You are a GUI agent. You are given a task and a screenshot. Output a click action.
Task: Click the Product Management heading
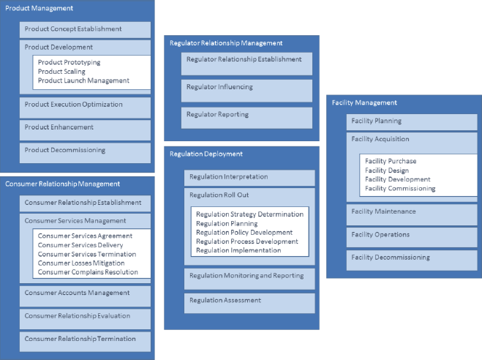(x=39, y=8)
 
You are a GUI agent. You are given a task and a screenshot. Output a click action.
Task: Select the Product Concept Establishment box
(x=85, y=30)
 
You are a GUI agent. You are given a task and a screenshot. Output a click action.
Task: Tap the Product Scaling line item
(x=61, y=71)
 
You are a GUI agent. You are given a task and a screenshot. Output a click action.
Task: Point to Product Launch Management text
(x=83, y=80)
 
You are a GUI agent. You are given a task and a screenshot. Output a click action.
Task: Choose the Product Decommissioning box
(x=85, y=153)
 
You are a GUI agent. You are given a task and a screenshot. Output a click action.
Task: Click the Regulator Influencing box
(x=246, y=91)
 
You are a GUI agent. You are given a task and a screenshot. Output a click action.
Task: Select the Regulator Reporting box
(x=246, y=118)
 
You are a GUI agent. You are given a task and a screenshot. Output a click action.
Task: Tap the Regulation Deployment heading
(x=206, y=154)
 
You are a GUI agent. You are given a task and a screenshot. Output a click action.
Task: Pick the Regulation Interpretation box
(x=249, y=178)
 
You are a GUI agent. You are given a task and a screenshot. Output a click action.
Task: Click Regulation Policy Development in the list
(x=244, y=233)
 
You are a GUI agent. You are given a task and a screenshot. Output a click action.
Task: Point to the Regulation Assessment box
(x=249, y=303)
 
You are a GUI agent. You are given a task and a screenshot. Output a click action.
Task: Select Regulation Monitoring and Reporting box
(x=249, y=279)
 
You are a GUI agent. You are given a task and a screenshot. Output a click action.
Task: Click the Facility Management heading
(x=364, y=102)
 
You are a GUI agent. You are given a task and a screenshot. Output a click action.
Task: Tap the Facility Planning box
(x=412, y=122)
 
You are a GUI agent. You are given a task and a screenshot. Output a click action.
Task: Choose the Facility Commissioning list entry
(x=400, y=189)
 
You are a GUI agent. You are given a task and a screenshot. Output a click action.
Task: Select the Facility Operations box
(x=412, y=237)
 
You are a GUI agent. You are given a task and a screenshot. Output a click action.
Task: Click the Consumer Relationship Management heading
(x=62, y=184)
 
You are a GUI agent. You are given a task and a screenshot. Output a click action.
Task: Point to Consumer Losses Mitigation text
(x=81, y=263)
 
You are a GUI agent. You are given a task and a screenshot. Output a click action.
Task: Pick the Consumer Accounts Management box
(x=85, y=296)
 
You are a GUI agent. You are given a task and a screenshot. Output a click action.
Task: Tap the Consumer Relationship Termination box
(x=85, y=342)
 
